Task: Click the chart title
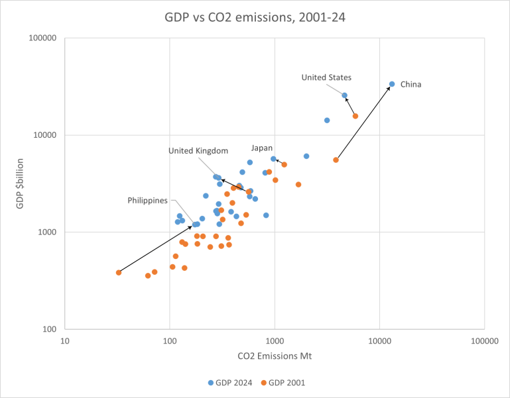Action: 255,16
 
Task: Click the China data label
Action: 411,84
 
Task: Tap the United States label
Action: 326,77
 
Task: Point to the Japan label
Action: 261,148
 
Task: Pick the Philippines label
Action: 148,200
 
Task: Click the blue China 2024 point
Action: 392,84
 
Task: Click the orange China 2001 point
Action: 336,160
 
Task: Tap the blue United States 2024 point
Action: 344,95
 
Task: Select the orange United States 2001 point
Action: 355,116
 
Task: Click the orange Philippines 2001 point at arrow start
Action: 119,272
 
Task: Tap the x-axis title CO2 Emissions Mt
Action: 274,356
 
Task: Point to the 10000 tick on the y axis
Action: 44,135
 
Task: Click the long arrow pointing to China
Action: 363,123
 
